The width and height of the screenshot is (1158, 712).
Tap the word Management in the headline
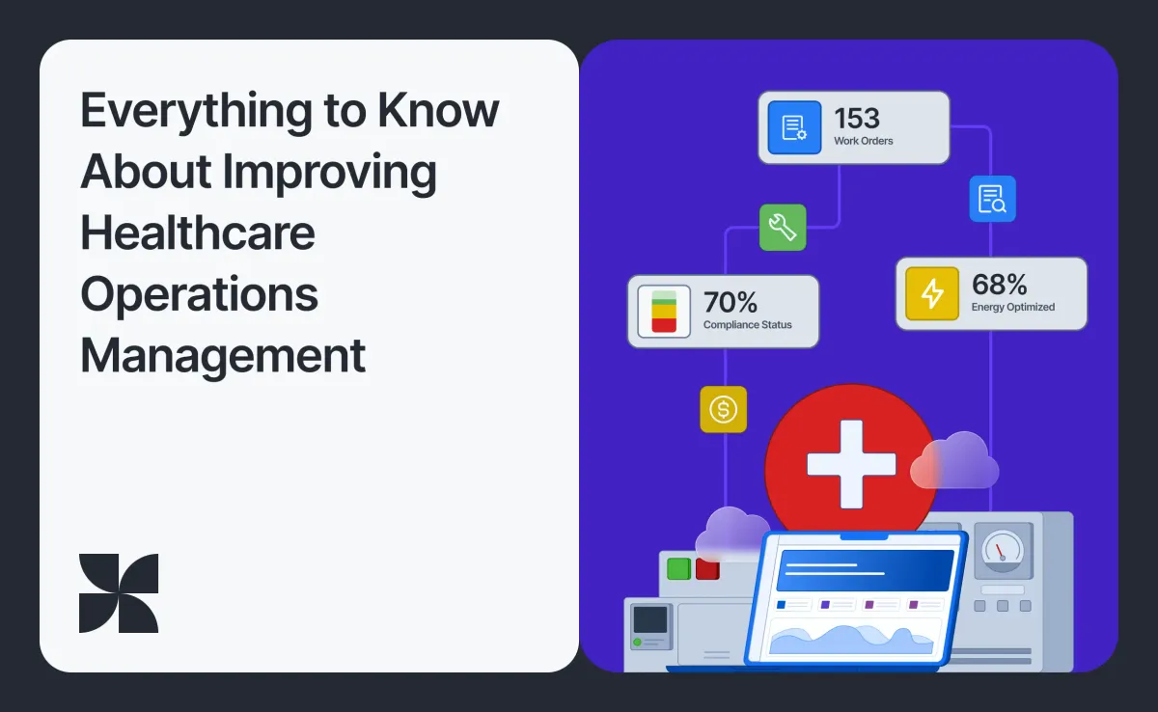pyautogui.click(x=223, y=355)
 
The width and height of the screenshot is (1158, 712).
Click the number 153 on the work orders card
pyautogui.click(x=857, y=119)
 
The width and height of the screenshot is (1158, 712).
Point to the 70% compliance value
pyautogui.click(x=731, y=303)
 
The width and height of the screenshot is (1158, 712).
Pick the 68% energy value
pyautogui.click(x=1000, y=285)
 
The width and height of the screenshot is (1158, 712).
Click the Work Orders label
pyautogui.click(x=864, y=141)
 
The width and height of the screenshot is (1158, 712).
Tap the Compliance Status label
pyautogui.click(x=747, y=325)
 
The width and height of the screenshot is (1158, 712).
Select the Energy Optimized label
pyautogui.click(x=1013, y=307)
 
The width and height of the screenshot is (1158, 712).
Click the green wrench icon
pyautogui.click(x=783, y=228)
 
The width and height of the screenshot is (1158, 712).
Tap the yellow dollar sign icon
pyautogui.click(x=723, y=410)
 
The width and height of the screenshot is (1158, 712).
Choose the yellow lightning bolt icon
pyautogui.click(x=932, y=293)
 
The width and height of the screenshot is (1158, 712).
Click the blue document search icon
pyautogui.click(x=992, y=199)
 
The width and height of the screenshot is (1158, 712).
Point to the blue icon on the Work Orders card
pyautogui.click(x=794, y=127)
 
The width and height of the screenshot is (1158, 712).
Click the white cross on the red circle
pyautogui.click(x=850, y=463)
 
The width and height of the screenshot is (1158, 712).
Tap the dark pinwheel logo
pyautogui.click(x=119, y=593)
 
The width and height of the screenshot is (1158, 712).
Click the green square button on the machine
pyautogui.click(x=678, y=568)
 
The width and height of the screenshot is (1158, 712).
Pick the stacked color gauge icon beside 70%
pyautogui.click(x=664, y=312)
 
